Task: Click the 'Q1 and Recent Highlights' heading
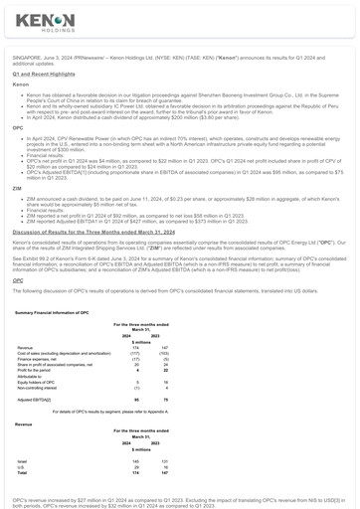click(44, 74)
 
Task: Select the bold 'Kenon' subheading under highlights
click(21, 85)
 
